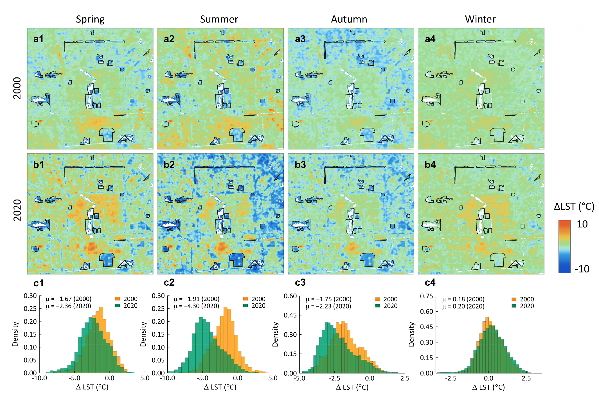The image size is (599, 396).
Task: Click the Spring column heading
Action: coord(90,19)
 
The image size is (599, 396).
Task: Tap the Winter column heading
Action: coord(480,19)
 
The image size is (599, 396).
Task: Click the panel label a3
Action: coord(300,39)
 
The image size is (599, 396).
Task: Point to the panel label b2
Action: coord(169,164)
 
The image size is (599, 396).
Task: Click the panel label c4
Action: coord(430,282)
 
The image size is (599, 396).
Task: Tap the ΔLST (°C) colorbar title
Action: coord(574,207)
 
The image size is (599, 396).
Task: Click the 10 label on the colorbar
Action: coord(582,224)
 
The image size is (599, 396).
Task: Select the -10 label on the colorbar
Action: coord(582,269)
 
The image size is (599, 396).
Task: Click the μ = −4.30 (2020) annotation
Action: coord(196,306)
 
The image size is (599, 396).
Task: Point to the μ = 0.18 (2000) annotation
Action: coord(463,299)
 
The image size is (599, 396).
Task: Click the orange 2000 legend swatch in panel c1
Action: coord(118,299)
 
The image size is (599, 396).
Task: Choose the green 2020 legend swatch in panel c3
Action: coord(378,306)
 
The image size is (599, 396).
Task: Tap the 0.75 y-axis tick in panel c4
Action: coord(426,296)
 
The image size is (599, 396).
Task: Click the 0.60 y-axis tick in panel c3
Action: coord(290,296)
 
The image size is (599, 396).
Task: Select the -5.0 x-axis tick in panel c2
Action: coord(202,378)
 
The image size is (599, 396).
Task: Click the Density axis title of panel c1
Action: coord(15,334)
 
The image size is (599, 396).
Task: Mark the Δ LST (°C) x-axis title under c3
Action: coord(352,387)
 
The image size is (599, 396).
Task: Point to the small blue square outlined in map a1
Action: coord(132,101)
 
